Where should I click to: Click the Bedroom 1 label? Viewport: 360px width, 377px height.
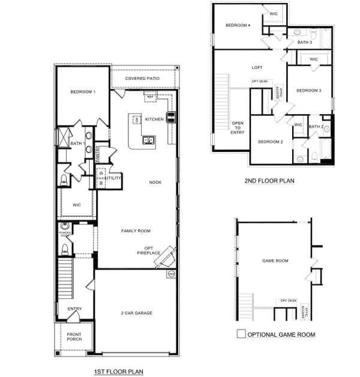(x=83, y=92)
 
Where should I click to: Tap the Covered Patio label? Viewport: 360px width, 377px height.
(x=142, y=79)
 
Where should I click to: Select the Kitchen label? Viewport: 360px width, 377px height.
(x=155, y=119)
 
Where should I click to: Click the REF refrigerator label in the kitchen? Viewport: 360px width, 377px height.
(x=150, y=96)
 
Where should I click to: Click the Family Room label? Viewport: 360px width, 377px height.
(x=136, y=231)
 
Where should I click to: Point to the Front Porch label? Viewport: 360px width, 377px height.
(x=74, y=337)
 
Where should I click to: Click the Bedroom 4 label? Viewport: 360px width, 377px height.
(x=238, y=25)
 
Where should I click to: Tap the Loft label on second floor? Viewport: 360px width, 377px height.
(x=257, y=68)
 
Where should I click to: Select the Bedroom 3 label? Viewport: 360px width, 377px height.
(x=309, y=90)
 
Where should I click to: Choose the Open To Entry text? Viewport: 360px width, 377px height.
(x=238, y=128)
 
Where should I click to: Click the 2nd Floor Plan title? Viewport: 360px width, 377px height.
(x=269, y=180)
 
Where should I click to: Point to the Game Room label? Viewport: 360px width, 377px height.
(x=275, y=261)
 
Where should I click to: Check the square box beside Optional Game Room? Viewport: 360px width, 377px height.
(x=241, y=334)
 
